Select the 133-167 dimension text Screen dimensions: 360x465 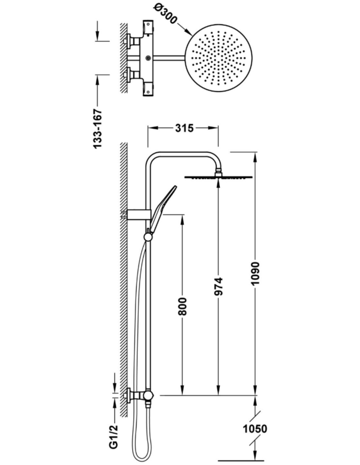pos(98,129)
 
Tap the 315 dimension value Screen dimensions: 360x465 pos(184,128)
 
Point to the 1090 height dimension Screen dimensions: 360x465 pos(256,273)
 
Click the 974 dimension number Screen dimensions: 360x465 pos(219,286)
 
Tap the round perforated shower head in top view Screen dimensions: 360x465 pos(218,58)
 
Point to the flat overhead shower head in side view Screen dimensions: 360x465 pos(218,177)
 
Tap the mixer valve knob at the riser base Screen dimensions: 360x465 pos(148,395)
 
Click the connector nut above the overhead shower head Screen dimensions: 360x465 pos(218,172)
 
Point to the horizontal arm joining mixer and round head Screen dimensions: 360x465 pos(168,58)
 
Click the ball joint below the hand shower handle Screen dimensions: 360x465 pos(148,237)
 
